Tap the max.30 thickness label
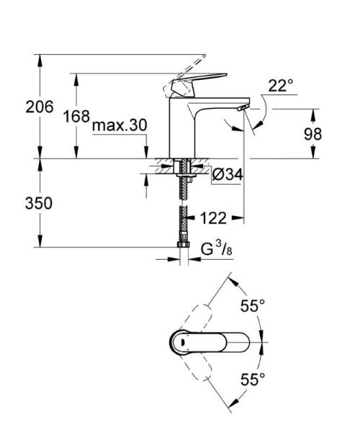click(120, 126)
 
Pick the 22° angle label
click(281, 86)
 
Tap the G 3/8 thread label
click(216, 251)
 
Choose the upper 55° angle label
click(253, 307)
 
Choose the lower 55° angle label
click(253, 377)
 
